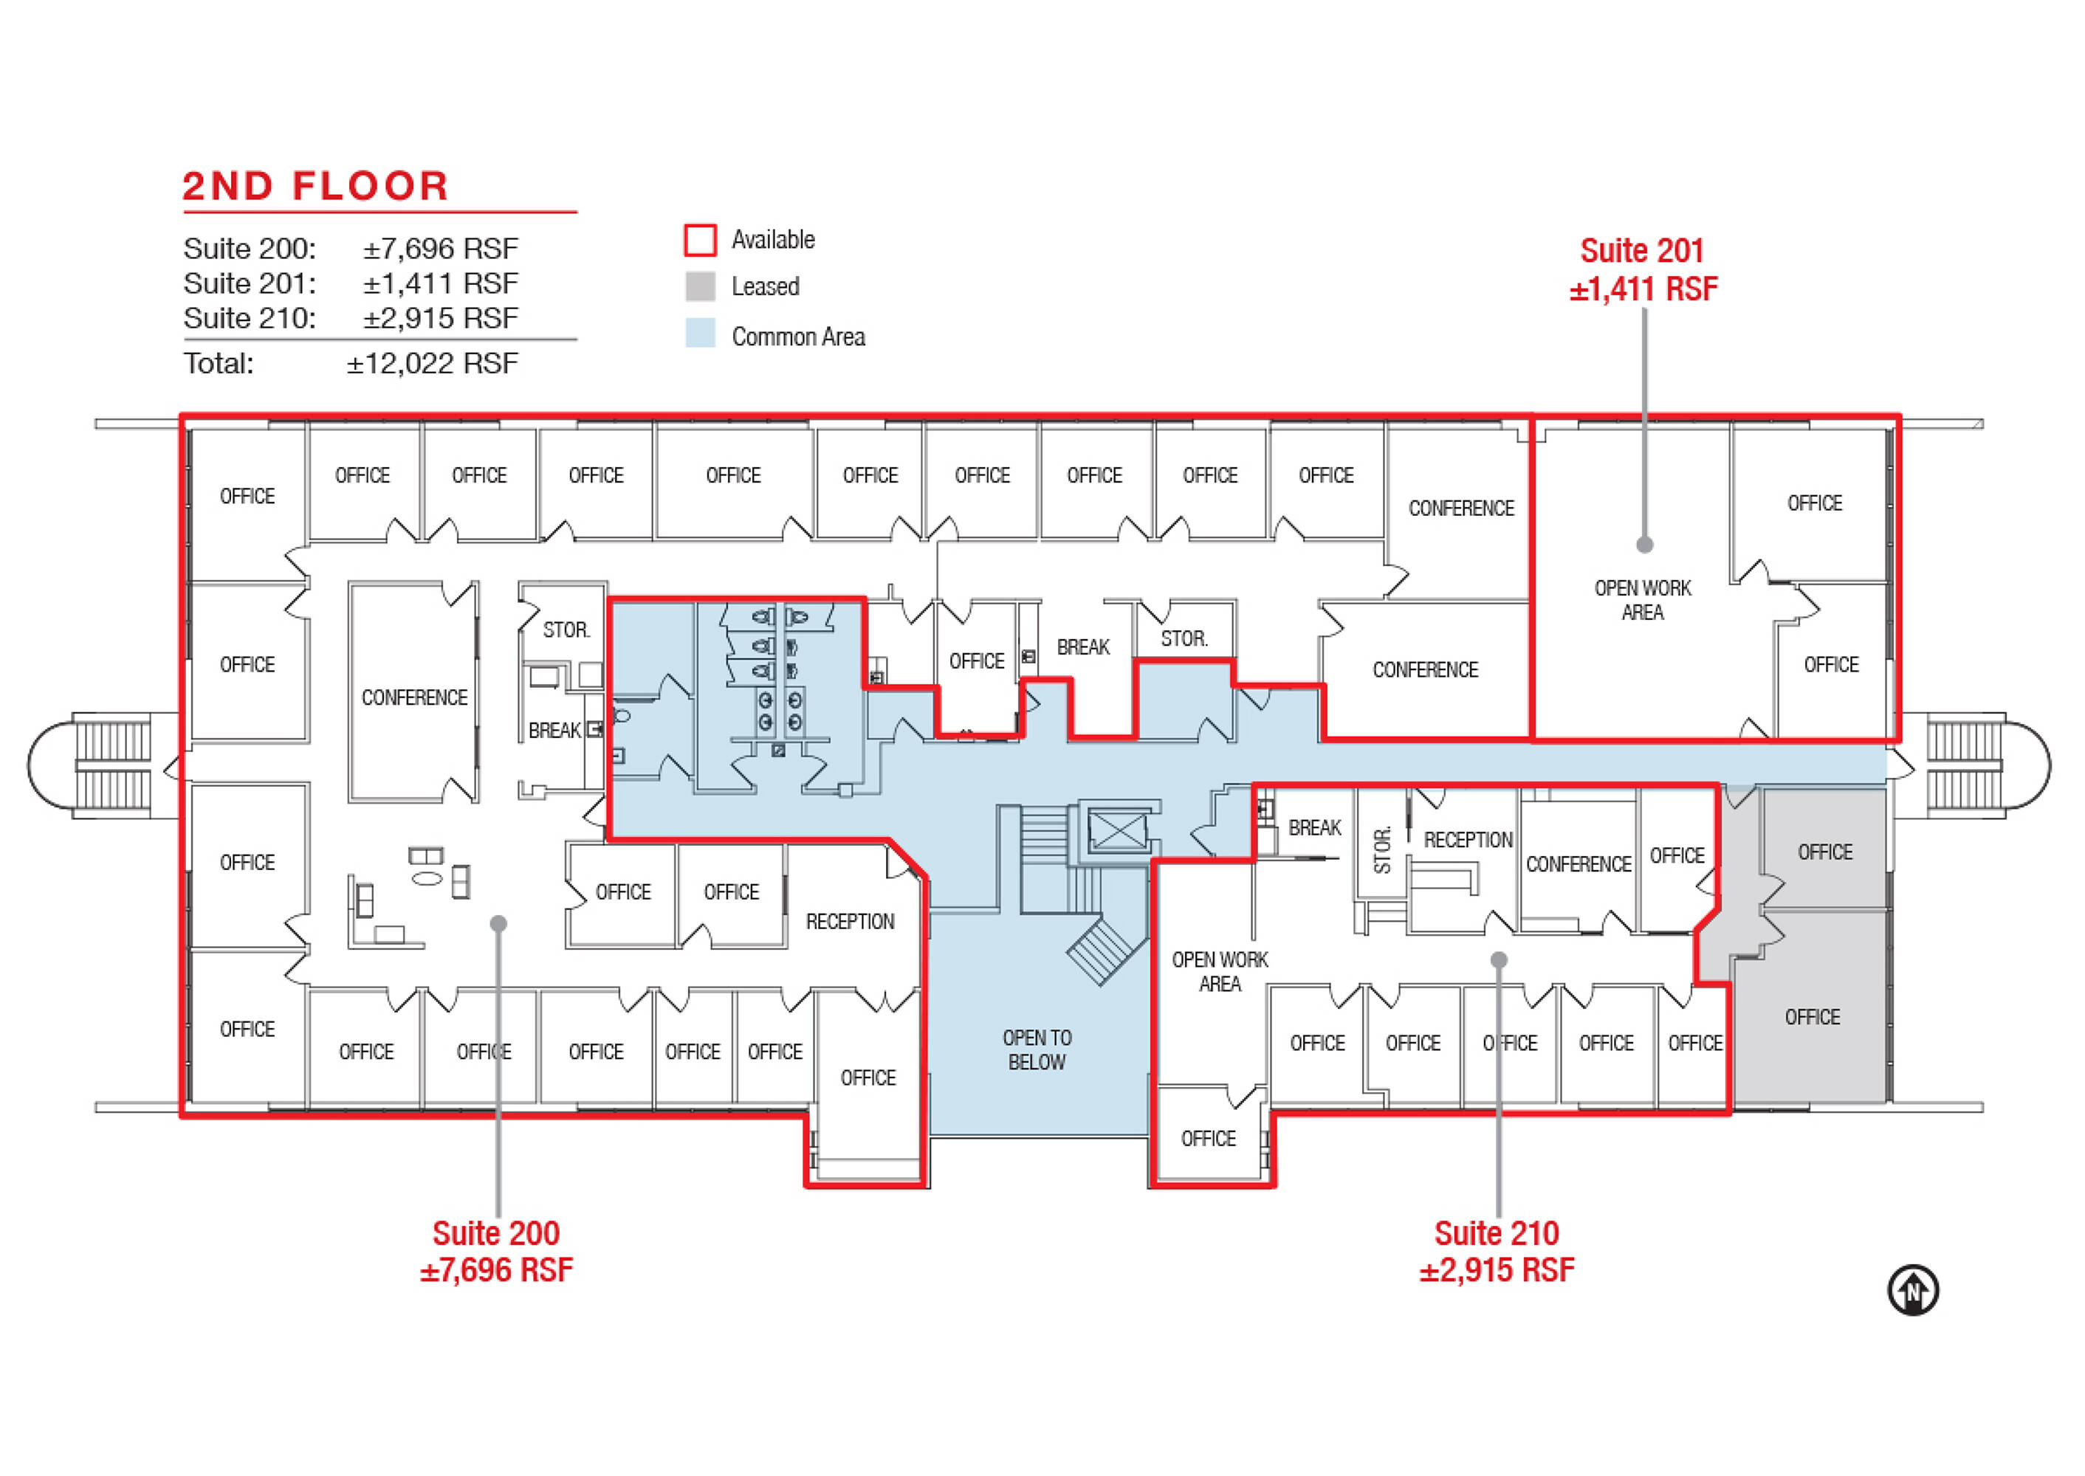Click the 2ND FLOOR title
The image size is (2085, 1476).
(315, 186)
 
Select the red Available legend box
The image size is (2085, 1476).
(700, 240)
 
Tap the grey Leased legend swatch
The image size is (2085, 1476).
(700, 286)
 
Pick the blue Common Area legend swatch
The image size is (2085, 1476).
(700, 334)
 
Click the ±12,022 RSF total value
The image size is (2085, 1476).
(432, 364)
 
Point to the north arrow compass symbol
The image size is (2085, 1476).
(1913, 1290)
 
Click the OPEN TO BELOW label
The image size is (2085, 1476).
(1037, 1049)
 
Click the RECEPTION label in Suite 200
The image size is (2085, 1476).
(851, 922)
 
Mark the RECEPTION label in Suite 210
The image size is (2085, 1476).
(1468, 840)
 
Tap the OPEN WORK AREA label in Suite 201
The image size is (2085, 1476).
(1642, 600)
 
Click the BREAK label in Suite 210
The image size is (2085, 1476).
(1314, 828)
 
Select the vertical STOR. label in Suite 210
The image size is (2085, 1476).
(1382, 849)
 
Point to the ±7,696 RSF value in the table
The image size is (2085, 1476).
(441, 248)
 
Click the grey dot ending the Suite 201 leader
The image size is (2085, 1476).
(1644, 545)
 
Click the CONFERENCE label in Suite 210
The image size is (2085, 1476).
(1579, 864)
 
